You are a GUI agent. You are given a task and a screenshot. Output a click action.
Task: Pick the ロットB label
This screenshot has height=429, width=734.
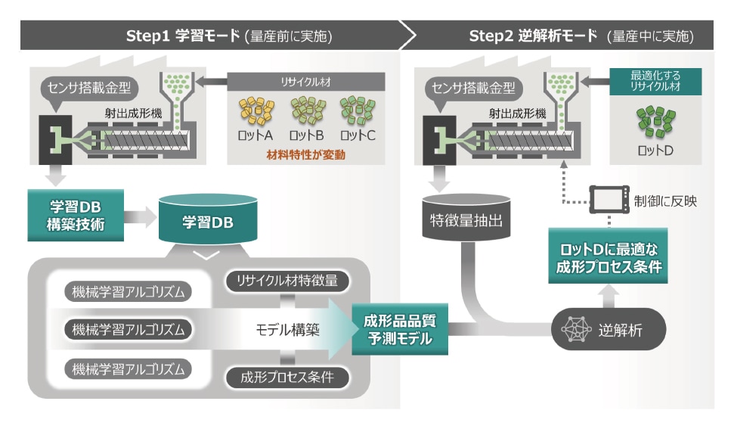pyautogui.click(x=308, y=135)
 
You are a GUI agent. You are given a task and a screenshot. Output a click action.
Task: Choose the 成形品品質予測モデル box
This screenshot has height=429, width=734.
pyautogui.click(x=400, y=328)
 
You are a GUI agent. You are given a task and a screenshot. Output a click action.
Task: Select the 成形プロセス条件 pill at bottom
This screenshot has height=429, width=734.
pyautogui.click(x=287, y=377)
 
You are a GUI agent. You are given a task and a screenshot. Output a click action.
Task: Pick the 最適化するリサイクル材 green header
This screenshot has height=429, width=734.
pyautogui.click(x=655, y=81)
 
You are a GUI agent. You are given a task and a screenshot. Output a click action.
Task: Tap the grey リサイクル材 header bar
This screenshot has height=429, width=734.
pyautogui.click(x=306, y=80)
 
